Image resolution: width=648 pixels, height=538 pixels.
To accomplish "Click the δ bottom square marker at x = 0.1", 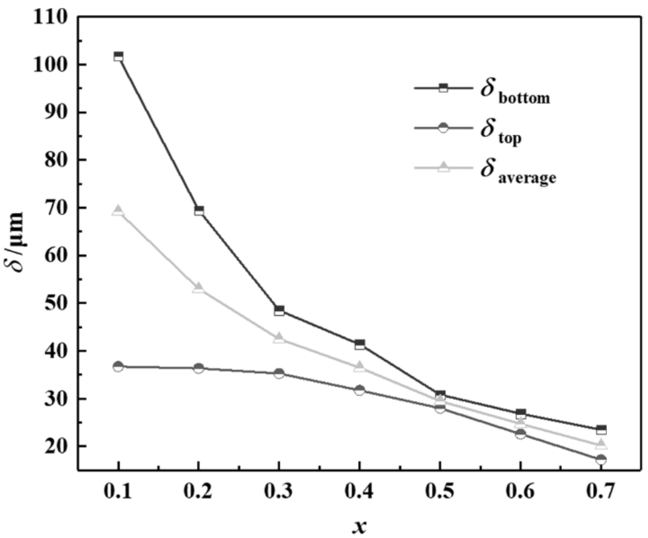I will (118, 56).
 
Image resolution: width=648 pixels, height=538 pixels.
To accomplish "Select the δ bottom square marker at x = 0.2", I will (199, 211).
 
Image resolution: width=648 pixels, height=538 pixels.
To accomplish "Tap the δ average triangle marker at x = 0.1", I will (118, 211).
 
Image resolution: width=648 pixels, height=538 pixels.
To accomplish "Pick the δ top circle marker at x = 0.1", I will (118, 366).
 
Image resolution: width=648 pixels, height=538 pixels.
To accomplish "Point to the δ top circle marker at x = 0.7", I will (601, 459).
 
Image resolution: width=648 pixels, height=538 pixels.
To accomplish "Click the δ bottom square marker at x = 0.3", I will (279, 310).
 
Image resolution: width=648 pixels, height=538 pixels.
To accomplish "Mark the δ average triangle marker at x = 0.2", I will (199, 288).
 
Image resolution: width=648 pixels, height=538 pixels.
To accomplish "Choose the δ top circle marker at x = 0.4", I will (359, 390).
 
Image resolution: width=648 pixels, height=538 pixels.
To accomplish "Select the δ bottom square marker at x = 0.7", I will (601, 430).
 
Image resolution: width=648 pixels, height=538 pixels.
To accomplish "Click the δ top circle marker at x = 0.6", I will (520, 433).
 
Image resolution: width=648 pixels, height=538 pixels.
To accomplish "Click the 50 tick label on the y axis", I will (54, 303).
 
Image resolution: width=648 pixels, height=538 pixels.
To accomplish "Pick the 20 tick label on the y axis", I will (54, 447).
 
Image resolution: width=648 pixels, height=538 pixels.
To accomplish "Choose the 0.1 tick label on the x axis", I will (118, 493).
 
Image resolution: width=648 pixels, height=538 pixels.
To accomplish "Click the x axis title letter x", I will (359, 526).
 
